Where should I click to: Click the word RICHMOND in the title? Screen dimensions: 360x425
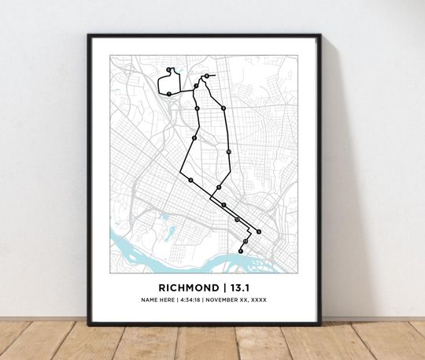pos(188,287)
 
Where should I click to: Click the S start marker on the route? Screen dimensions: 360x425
pos(258,232)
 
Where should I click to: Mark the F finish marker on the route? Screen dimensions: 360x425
pos(241,251)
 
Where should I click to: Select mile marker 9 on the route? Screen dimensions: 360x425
pos(224,107)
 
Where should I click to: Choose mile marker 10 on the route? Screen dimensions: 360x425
pos(228,150)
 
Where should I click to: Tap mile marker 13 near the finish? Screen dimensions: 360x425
pos(246,241)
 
